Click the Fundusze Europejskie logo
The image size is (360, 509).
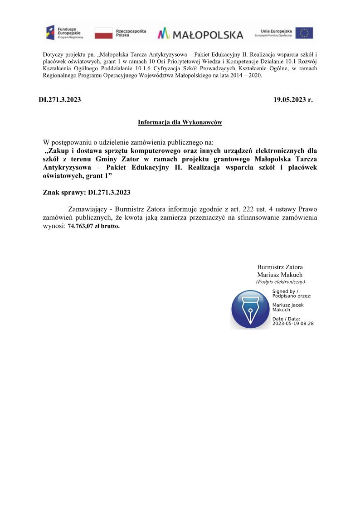[x=64, y=33]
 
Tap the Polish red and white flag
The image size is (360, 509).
[x=103, y=33]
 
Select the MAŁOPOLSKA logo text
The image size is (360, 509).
[x=200, y=34]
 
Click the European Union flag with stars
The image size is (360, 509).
[x=304, y=33]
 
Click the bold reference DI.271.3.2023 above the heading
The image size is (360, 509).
[x=60, y=100]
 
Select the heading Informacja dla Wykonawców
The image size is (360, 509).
[x=180, y=122]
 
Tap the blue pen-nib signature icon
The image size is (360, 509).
[x=250, y=310]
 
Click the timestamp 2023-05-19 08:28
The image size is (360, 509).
[x=293, y=324]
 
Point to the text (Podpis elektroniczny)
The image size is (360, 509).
[x=281, y=281]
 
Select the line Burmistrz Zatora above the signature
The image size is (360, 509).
[x=280, y=267]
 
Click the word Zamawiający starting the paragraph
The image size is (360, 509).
[x=88, y=209]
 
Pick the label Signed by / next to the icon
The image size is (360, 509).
[x=285, y=291]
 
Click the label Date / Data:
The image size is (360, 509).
[x=286, y=319]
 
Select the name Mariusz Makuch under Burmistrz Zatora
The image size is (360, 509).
[x=280, y=275]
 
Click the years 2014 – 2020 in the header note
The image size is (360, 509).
[x=247, y=76]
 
